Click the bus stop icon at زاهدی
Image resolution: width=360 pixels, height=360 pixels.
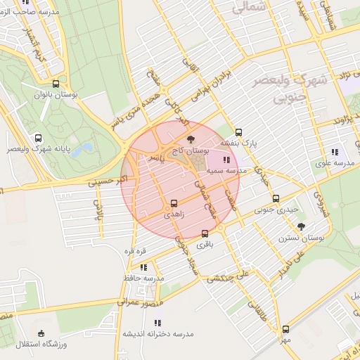point(174,204)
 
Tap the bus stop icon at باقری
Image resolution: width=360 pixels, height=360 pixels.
point(205,233)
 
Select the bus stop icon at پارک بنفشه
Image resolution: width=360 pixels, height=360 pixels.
point(238,131)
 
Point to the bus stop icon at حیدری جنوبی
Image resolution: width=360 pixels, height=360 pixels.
point(276,198)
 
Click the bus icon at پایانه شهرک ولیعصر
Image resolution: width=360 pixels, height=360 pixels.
point(37,139)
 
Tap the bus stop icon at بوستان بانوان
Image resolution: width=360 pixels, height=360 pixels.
point(56,84)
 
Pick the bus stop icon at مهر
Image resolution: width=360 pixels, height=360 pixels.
point(285,328)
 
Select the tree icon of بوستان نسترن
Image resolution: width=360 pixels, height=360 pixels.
point(302,226)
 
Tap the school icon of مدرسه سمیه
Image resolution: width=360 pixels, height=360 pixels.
point(225,160)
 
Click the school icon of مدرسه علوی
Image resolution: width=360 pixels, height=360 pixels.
point(335,151)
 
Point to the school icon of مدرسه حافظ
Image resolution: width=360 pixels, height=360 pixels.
point(143,267)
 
